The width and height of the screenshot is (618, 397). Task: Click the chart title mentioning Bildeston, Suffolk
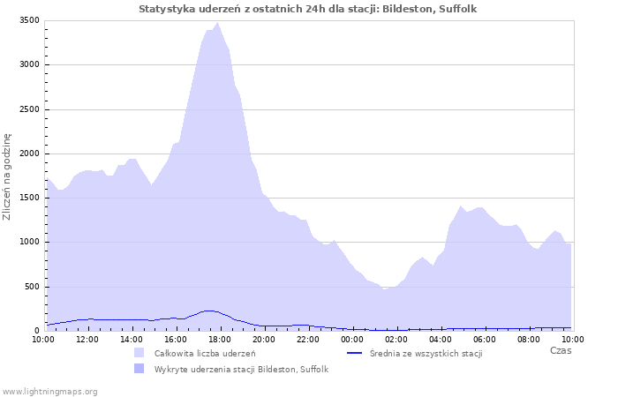[x=307, y=9]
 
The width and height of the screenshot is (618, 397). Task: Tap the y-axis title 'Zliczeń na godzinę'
[x=7, y=176]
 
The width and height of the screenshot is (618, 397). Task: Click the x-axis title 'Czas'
[x=561, y=350]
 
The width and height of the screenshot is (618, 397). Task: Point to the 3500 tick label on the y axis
[x=29, y=20]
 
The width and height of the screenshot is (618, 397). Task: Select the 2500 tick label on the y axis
[x=29, y=109]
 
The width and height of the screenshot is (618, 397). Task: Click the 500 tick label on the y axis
[x=32, y=287]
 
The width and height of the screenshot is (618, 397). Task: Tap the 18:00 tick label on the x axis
[x=220, y=340]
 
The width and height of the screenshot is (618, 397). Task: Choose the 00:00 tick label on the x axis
[x=352, y=340]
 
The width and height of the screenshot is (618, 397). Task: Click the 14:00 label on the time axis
[x=132, y=340]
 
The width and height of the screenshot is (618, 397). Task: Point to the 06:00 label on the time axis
[x=485, y=340]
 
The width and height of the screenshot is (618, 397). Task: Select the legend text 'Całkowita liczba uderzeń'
[x=205, y=353]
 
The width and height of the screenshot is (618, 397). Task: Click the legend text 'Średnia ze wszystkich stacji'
[x=426, y=353]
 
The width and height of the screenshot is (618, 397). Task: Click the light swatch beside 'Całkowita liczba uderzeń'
[x=139, y=353]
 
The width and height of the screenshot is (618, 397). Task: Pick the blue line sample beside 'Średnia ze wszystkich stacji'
[x=354, y=353]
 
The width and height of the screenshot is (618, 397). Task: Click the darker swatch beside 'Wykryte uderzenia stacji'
[x=139, y=369]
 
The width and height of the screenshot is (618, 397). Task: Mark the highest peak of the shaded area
[x=217, y=22]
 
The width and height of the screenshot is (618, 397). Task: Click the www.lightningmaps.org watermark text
[x=49, y=392]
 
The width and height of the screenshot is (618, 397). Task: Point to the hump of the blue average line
[x=209, y=311]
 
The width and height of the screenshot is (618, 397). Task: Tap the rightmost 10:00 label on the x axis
[x=573, y=340]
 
